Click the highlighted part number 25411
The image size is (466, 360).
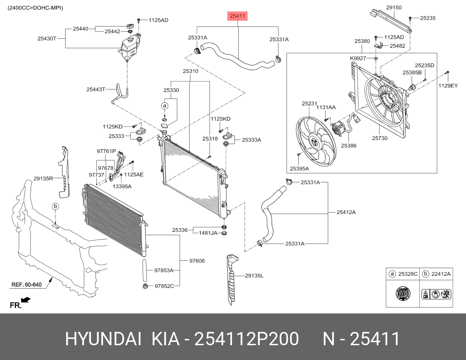238,16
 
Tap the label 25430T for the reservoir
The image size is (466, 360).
47,38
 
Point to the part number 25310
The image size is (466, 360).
190,71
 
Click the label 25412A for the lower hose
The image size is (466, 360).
346,212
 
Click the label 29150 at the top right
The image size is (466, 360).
394,7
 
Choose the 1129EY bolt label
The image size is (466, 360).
448,86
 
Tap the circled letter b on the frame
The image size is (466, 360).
55,206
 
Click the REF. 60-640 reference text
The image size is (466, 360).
26,285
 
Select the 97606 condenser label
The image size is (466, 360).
197,261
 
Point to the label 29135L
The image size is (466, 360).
254,275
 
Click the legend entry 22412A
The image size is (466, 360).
441,274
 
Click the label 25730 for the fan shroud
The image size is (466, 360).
380,138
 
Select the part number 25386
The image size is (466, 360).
348,146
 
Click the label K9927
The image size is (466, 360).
358,58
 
